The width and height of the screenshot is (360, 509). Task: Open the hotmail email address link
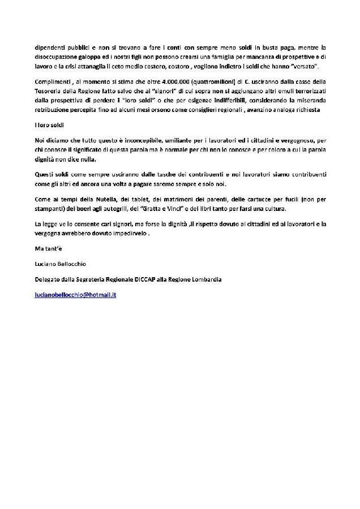coord(75,295)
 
